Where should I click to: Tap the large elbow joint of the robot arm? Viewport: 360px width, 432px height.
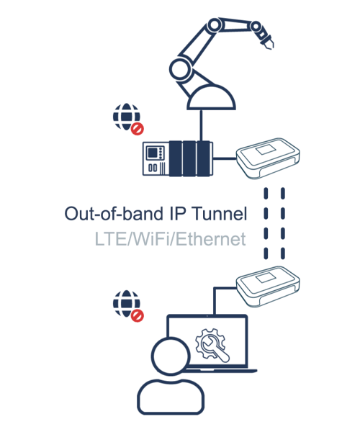(180, 69)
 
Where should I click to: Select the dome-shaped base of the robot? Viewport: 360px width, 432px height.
(211, 97)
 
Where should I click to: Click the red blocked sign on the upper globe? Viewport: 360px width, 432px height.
(138, 129)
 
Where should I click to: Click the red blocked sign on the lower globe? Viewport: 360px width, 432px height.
(138, 315)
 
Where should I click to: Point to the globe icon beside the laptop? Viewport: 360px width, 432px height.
(127, 304)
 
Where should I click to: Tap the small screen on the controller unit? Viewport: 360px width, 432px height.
(153, 153)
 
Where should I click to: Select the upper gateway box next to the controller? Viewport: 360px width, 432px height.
(268, 158)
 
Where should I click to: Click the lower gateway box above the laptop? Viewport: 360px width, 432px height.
(268, 286)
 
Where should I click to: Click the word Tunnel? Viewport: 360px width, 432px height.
(220, 214)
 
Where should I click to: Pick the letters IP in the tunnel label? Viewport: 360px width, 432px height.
(177, 214)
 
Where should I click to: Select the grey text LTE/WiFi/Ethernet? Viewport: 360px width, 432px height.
(170, 239)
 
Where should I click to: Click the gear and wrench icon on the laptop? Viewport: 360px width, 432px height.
(212, 345)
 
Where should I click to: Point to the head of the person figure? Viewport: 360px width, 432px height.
(171, 356)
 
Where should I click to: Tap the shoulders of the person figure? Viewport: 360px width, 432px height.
(171, 397)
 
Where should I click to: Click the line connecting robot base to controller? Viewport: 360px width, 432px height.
(201, 125)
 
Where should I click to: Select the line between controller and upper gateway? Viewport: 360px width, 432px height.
(225, 158)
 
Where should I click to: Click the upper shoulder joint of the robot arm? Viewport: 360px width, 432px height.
(214, 25)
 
